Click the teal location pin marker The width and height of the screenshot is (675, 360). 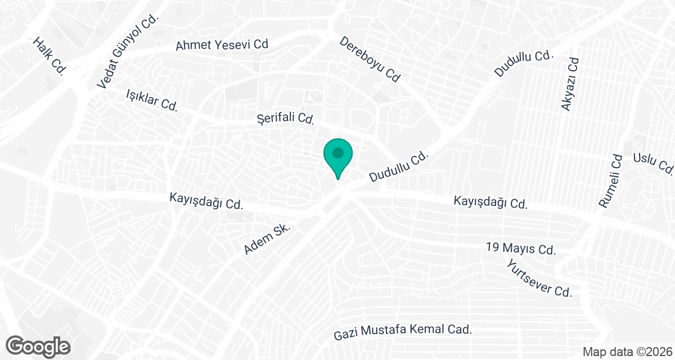pos(337,155)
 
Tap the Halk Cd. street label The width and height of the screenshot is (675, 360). pos(50,56)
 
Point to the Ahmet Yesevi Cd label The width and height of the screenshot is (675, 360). pos(222,45)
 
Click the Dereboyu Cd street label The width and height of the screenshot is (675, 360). pos(370,60)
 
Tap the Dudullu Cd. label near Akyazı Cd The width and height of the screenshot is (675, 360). pos(524,63)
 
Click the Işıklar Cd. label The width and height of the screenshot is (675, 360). pos(152,100)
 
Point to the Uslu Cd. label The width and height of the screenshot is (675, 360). pos(652,163)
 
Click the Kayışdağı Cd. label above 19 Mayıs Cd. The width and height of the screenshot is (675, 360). pos(490,202)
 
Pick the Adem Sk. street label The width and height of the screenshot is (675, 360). pos(267,239)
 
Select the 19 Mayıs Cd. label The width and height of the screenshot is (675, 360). pos(521,249)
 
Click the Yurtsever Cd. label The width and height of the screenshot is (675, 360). pos(538,278)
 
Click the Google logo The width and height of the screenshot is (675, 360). pos(38,345)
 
